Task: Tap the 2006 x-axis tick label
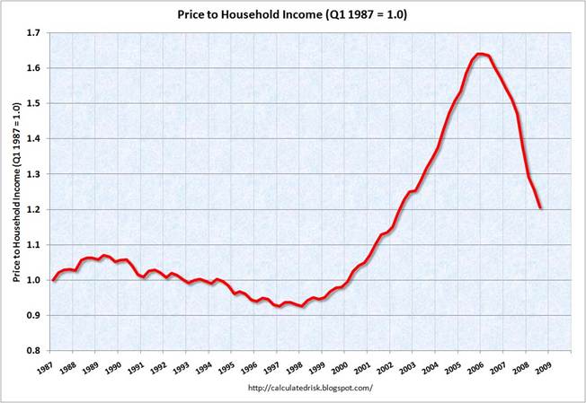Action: tap(477, 366)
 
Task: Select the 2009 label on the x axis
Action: tap(545, 366)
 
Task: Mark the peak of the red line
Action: tap(481, 54)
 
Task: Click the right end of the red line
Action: tap(540, 208)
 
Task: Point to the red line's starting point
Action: tap(53, 280)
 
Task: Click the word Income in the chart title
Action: tap(328, 14)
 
